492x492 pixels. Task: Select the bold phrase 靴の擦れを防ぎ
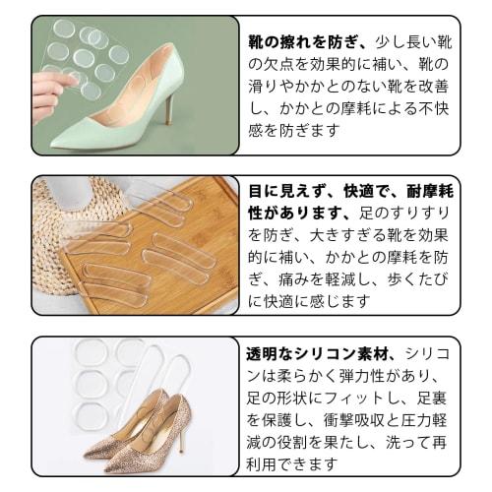coord(308,44)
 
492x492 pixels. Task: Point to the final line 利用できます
coord(295,462)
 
